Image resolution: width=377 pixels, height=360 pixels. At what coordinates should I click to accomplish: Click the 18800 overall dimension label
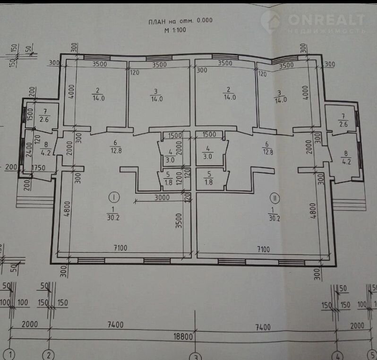183,337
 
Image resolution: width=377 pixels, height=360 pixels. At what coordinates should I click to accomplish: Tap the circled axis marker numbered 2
48,355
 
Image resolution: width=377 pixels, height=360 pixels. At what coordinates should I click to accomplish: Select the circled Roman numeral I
114,197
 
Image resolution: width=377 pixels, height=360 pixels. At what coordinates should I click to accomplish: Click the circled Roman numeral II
274,198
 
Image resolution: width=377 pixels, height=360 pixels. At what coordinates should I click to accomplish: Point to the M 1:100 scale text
175,30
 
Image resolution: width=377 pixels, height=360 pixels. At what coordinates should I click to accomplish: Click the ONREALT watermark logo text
326,19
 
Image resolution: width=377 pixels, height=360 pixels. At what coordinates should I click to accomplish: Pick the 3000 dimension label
162,197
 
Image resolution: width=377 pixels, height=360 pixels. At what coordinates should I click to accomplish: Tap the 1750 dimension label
38,168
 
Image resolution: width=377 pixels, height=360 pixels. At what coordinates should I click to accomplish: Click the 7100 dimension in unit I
120,248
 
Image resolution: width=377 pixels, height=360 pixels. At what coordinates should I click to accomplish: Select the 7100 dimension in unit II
263,249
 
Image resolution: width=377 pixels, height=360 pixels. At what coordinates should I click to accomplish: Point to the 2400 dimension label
29,150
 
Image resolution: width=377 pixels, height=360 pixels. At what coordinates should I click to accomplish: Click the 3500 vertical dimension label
179,221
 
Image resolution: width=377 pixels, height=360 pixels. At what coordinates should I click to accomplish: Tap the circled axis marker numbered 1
9,355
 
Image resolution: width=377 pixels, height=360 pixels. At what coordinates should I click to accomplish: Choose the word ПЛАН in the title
157,22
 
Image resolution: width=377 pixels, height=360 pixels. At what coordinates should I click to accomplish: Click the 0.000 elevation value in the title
205,20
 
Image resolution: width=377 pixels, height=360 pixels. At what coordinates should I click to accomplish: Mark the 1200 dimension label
179,178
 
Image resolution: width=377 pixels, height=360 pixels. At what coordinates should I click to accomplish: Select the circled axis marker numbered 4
337,356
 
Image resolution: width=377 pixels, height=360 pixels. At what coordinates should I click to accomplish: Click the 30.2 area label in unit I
113,218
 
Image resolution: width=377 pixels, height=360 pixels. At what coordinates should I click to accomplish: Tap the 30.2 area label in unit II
274,218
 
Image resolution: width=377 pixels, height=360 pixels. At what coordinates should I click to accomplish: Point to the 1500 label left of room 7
30,114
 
